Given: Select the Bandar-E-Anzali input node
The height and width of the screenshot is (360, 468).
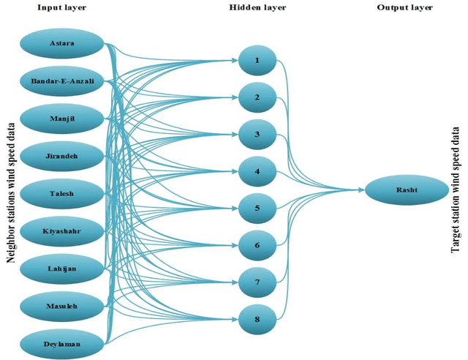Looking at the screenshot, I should click(x=62, y=80).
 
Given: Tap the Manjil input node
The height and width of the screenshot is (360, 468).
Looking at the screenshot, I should click(x=62, y=119).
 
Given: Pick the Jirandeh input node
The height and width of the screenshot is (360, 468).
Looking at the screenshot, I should click(x=62, y=156).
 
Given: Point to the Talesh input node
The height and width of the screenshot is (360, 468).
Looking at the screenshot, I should click(x=62, y=193).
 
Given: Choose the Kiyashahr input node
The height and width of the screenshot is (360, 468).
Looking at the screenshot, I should click(x=62, y=231).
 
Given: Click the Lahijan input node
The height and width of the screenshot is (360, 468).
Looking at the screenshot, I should click(x=62, y=269).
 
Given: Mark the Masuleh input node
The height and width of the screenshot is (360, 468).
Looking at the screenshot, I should click(x=62, y=306).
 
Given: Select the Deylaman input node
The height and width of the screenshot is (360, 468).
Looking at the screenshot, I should click(x=62, y=342).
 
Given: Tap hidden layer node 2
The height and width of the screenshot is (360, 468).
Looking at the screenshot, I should click(x=257, y=97).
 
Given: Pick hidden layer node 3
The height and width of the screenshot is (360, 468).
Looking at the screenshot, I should click(x=257, y=135).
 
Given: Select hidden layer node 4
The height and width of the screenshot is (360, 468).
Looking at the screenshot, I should click(x=257, y=172).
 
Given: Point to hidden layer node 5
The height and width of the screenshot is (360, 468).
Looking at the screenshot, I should click(x=257, y=209).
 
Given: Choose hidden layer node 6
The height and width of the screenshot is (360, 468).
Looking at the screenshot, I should click(x=257, y=245).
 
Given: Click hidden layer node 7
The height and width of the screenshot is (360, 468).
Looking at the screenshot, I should click(x=257, y=282).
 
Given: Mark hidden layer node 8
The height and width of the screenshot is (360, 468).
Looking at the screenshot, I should click(x=257, y=319).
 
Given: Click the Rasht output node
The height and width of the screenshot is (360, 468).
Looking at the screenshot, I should click(x=407, y=190).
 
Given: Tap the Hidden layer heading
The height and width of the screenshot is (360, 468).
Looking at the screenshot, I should click(x=256, y=7).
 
